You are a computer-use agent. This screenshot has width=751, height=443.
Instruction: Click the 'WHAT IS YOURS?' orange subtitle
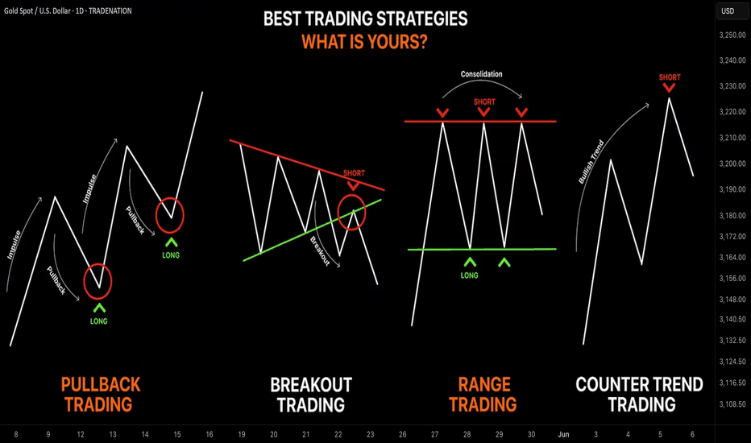pyautogui.click(x=364, y=42)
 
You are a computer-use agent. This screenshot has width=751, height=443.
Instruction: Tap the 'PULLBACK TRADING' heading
pyautogui.click(x=100, y=395)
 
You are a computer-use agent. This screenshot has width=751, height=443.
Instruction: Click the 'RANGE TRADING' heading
pyautogui.click(x=483, y=395)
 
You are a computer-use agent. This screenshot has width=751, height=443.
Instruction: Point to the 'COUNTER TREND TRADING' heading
pyautogui.click(x=640, y=395)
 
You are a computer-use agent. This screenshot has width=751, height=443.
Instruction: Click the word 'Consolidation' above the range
pyautogui.click(x=481, y=74)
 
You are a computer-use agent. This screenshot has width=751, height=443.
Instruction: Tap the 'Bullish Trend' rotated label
pyautogui.click(x=591, y=162)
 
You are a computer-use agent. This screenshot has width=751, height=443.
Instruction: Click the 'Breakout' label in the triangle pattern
pyautogui.click(x=320, y=251)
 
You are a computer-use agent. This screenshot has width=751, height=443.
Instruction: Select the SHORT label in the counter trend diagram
pyautogui.click(x=669, y=77)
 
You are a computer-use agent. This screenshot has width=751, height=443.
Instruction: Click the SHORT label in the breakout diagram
pyautogui.click(x=354, y=173)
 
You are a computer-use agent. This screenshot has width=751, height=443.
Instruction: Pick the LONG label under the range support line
pyautogui.click(x=469, y=275)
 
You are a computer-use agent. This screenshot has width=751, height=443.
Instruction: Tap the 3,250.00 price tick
pyautogui.click(x=732, y=35)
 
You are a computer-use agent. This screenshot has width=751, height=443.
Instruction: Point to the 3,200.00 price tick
pyautogui.click(x=732, y=164)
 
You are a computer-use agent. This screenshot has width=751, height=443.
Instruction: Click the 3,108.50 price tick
pyautogui.click(x=732, y=404)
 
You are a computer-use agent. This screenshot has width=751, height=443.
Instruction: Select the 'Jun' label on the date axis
pyautogui.click(x=563, y=434)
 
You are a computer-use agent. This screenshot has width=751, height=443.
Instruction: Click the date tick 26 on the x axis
pyautogui.click(x=402, y=434)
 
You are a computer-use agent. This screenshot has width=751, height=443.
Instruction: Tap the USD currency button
pyautogui.click(x=728, y=11)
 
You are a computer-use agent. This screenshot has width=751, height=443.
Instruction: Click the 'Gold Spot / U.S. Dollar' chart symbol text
pyautogui.click(x=37, y=10)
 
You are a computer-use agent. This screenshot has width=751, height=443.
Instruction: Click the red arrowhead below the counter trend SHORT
pyautogui.click(x=669, y=88)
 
